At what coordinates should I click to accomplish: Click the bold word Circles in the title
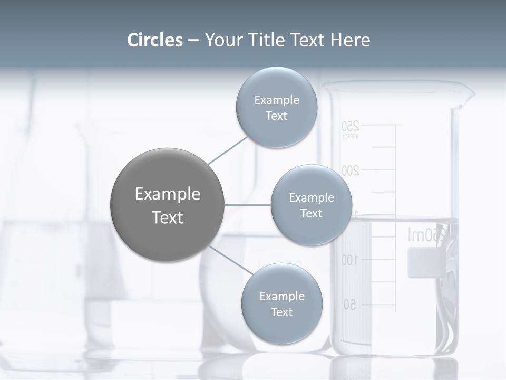pos(154,40)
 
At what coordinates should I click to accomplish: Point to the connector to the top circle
pos(228,150)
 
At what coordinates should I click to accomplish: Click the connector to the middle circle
pos(248,204)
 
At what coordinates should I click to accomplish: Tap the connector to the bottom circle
pos(230,260)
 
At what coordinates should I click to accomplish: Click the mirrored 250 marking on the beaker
pos(351,126)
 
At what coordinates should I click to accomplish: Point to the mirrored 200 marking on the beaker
pos(351,170)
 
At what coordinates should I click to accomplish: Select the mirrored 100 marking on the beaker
pos(349,260)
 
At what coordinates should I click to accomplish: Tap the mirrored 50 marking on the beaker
pos(350,305)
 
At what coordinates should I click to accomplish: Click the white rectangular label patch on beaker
pos(424,262)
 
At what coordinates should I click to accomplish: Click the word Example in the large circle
pos(167,194)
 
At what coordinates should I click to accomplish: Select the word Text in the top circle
pos(276,116)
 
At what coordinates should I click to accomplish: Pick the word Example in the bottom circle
pos(281,297)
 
